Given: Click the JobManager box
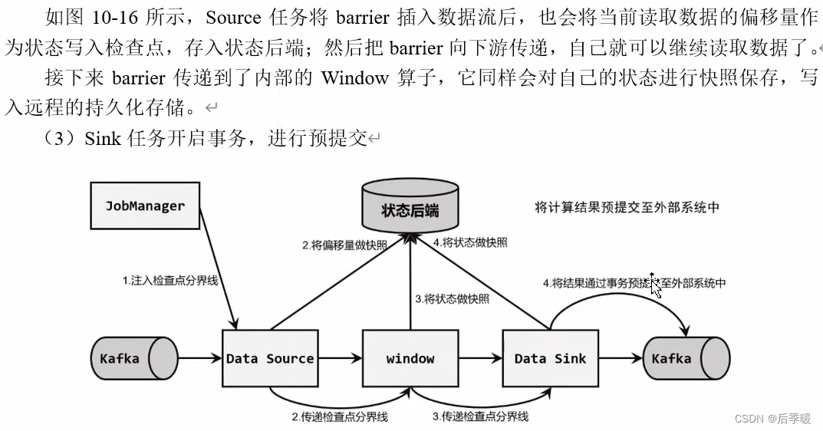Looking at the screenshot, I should [x=145, y=205].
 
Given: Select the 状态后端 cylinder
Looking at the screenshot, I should [x=410, y=208].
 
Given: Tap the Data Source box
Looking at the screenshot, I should [x=269, y=358].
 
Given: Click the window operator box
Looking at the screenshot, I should [x=410, y=358].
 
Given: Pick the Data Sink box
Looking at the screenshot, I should [x=549, y=358].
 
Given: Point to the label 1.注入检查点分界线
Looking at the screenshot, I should [x=170, y=281].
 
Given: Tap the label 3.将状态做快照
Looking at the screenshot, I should [x=452, y=298].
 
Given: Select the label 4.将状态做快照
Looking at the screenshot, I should [x=469, y=242].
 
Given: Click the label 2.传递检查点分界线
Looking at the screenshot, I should [x=339, y=416].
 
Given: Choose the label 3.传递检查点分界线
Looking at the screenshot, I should [x=480, y=416].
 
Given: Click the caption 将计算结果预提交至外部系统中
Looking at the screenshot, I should [x=627, y=207].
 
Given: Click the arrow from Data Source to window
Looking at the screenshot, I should [x=338, y=357].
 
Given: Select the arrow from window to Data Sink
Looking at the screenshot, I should [x=479, y=357].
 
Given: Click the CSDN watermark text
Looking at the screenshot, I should [x=772, y=419].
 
